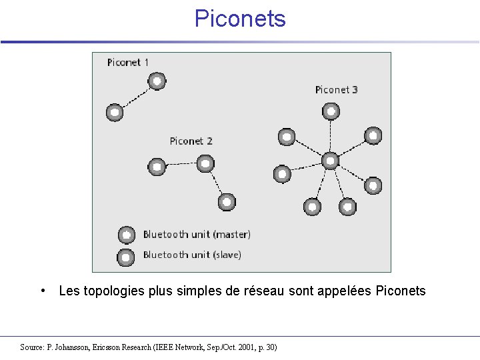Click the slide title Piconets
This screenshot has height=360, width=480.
[240, 19]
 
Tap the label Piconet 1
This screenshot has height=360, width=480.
[128, 63]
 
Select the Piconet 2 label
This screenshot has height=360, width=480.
[191, 141]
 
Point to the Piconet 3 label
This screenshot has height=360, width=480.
[336, 90]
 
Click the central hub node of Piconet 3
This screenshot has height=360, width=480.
[331, 161]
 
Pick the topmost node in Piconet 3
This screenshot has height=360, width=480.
[331, 111]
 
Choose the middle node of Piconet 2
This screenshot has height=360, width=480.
[205, 163]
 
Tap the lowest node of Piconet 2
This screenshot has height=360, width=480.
[227, 201]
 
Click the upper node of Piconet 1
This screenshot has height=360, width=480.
[157, 82]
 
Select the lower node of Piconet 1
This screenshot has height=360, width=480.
[115, 113]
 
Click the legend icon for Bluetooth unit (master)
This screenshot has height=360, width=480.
[126, 235]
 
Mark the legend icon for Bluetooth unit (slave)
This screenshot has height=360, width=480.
[125, 256]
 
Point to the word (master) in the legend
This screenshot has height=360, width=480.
[230, 235]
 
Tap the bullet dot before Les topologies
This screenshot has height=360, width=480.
[43, 290]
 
